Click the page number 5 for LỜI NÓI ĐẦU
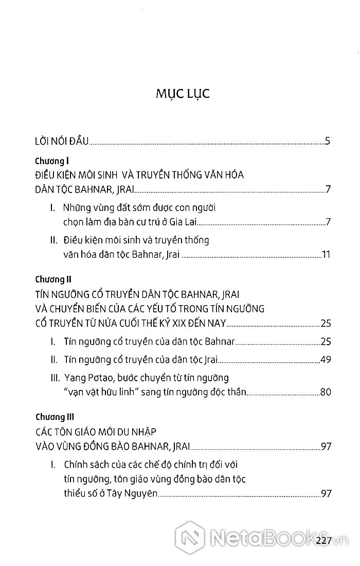click(327, 140)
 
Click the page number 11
click(325, 255)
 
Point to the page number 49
click(325, 359)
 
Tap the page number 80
click(325, 392)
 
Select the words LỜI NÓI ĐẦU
click(60, 140)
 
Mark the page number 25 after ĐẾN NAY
click(325, 324)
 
